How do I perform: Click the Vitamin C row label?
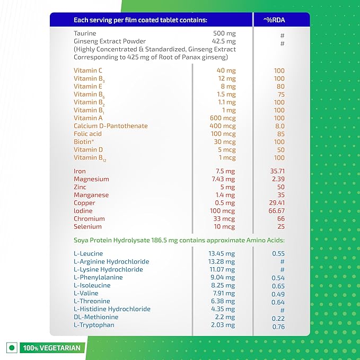[x=88, y=71]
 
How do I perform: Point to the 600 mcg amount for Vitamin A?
[x=222, y=118]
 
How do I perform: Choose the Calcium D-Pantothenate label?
[x=110, y=126]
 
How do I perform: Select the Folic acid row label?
[x=88, y=134]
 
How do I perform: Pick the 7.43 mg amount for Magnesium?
[x=222, y=179]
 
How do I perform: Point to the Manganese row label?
[x=91, y=195]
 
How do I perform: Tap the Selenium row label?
[x=87, y=227]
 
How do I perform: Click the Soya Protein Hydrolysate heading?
[x=179, y=240]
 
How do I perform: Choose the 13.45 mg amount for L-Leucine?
[x=222, y=253]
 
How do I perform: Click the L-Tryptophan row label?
[x=94, y=325]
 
